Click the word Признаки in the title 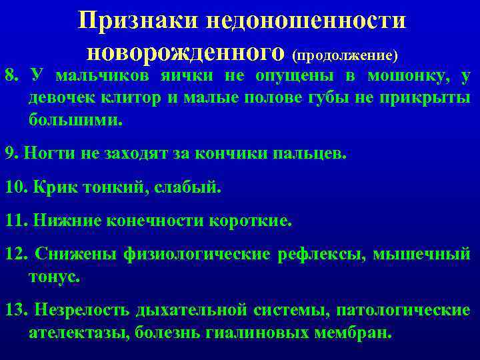pyautogui.click(x=136, y=20)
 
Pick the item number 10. pyautogui.click(x=15, y=187)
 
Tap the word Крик pyautogui.click(x=53, y=187)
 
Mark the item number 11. pyautogui.click(x=15, y=220)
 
